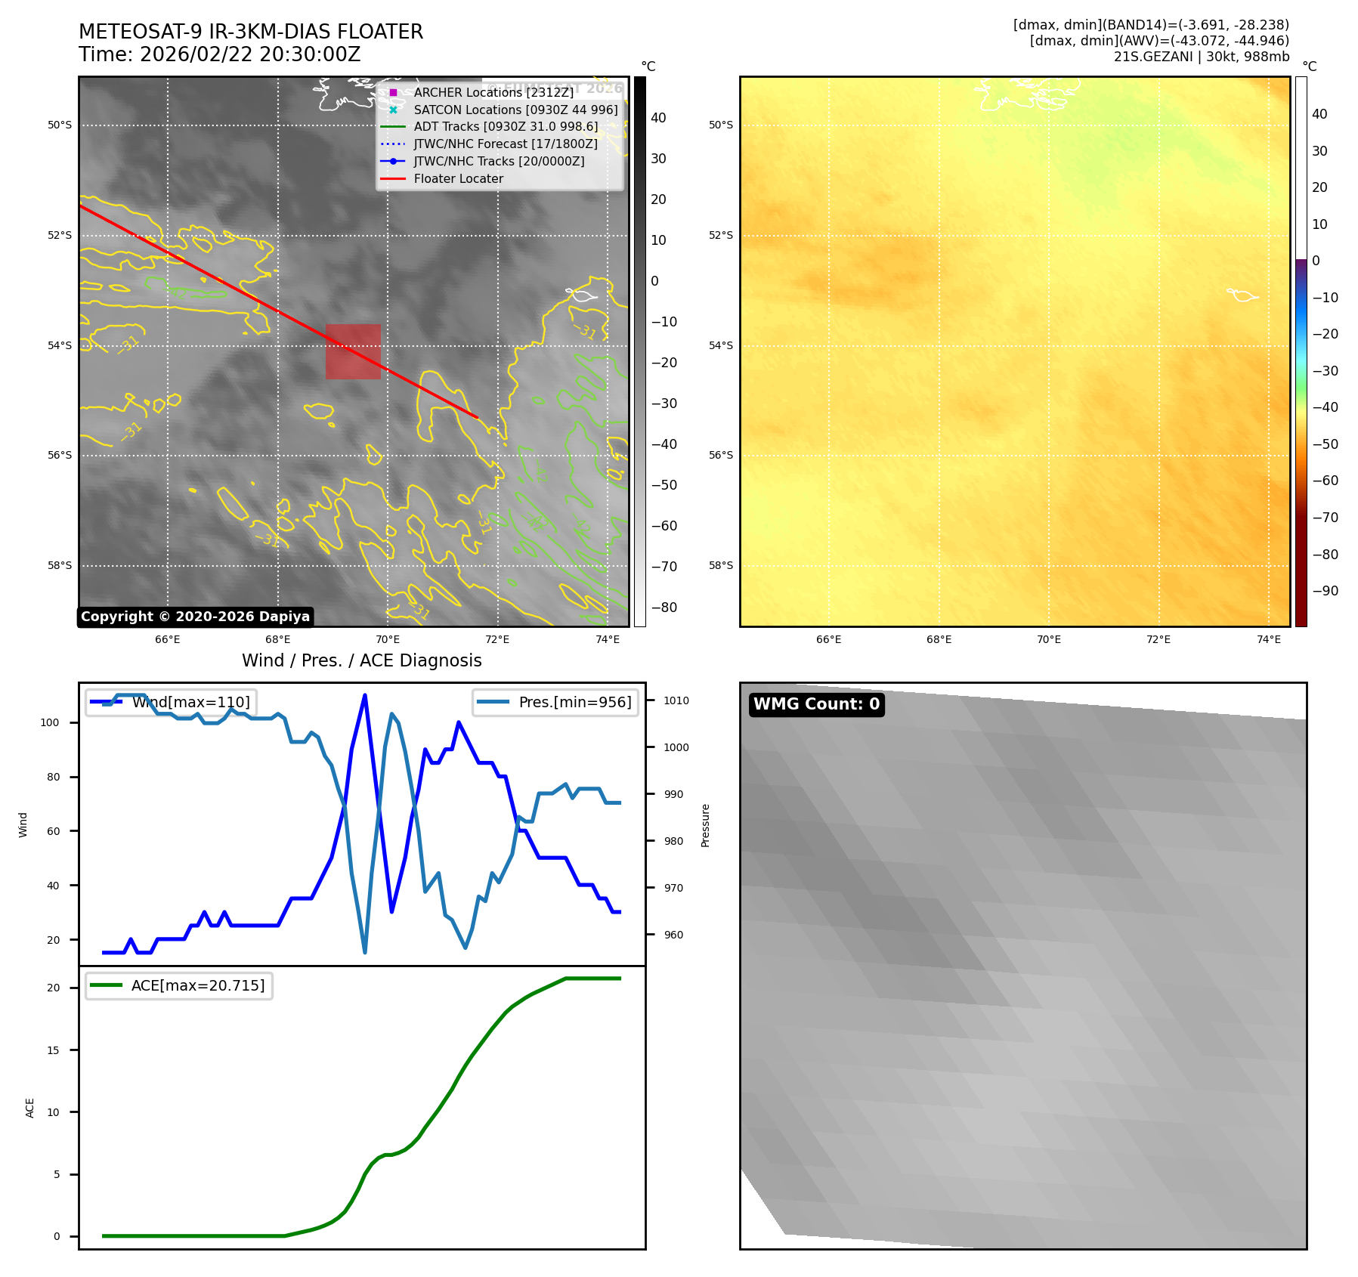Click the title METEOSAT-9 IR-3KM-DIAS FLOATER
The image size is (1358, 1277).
[x=251, y=32]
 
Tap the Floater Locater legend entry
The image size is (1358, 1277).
[x=458, y=179]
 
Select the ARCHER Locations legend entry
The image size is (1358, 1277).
[x=493, y=92]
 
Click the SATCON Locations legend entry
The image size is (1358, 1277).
[x=515, y=110]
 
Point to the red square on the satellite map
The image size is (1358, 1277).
[x=353, y=351]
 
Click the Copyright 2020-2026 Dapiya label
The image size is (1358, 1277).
[x=195, y=617]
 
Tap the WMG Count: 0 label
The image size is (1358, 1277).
[x=816, y=704]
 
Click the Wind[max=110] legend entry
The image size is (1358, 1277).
[x=190, y=702]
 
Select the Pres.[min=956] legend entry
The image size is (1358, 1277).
[x=574, y=702]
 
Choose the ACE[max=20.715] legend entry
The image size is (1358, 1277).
[x=198, y=985]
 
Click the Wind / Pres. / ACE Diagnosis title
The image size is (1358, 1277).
[x=361, y=660]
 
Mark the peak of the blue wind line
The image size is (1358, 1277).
[x=365, y=695]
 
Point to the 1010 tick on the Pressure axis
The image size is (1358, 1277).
[x=676, y=700]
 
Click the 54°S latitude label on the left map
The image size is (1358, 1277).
[x=60, y=346]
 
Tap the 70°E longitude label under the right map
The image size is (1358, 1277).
[x=1048, y=640]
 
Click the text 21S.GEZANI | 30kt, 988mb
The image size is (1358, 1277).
[x=1201, y=57]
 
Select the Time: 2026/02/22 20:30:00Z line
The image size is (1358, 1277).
[x=219, y=55]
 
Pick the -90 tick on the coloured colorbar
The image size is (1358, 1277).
[x=1325, y=591]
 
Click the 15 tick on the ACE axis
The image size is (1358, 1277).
[x=53, y=1050]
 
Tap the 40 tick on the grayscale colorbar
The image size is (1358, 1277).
[x=658, y=118]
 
